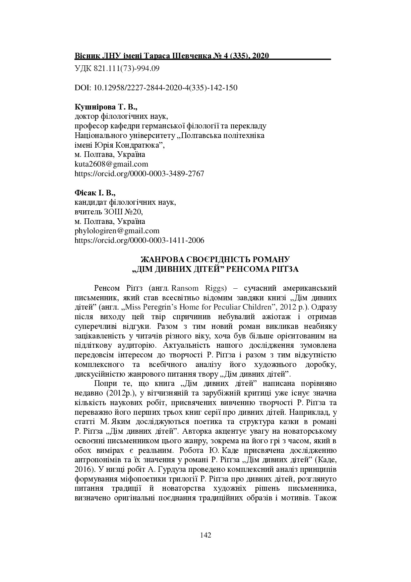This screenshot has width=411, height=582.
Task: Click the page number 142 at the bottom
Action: [x=206, y=535]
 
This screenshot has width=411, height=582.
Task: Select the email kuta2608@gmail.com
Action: [x=111, y=164]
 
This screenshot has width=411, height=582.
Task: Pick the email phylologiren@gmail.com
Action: [x=117, y=231]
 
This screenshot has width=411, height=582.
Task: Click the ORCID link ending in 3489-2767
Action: [x=140, y=174]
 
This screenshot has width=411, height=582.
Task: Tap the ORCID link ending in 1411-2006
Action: [x=140, y=240]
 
